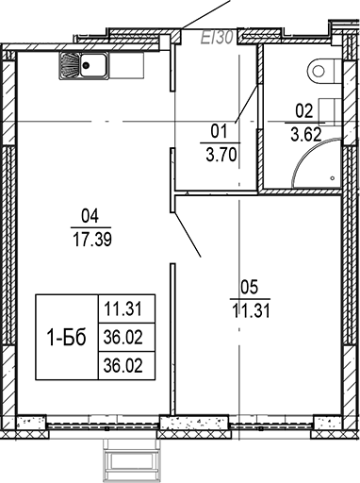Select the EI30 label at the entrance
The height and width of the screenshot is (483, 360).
tap(218, 38)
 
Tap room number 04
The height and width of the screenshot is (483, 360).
tap(90, 213)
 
